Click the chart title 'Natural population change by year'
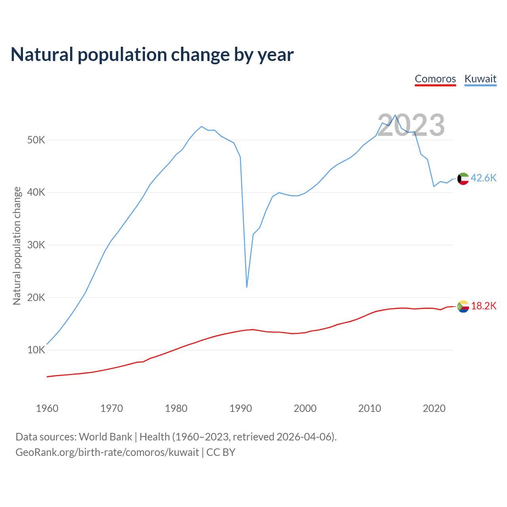coord(152,55)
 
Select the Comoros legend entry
coord(435,79)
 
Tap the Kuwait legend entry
coord(480,79)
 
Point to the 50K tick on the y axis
coord(36,140)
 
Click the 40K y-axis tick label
coord(36,193)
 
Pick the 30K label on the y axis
coord(36,245)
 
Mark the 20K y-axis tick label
coord(36,298)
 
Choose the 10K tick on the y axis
coord(36,350)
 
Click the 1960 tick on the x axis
coord(47,408)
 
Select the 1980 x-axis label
coord(176,408)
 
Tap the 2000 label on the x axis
coord(305,408)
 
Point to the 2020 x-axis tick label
coord(434,408)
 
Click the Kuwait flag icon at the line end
coord(463,179)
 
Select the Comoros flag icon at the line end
coord(463,307)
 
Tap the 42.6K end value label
coord(484,178)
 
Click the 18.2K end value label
coord(484,306)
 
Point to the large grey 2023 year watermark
coord(411,126)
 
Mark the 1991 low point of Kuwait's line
coord(247,287)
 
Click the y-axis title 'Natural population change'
coord(17,246)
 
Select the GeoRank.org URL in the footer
coord(107,452)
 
